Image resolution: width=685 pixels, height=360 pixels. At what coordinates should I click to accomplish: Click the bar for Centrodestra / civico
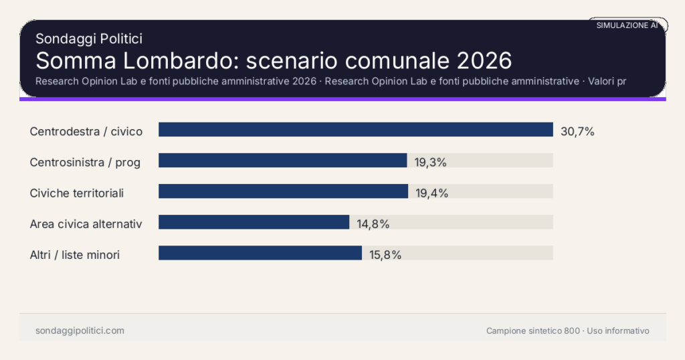[355, 130]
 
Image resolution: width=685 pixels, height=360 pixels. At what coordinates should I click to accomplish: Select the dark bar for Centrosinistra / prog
[282, 161]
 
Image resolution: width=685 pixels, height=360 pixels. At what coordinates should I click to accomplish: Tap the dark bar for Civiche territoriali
[283, 191]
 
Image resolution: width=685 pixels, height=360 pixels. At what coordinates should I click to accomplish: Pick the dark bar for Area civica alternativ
[254, 222]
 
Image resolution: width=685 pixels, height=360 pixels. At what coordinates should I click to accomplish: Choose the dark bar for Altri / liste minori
[260, 253]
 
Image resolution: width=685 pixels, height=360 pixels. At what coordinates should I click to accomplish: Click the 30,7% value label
[577, 132]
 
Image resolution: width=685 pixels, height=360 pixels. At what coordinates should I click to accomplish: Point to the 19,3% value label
[431, 163]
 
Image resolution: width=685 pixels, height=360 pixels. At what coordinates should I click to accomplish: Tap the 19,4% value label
[431, 193]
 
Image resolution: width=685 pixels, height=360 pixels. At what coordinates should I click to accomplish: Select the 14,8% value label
[373, 224]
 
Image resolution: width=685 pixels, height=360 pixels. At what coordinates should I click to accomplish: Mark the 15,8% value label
[385, 255]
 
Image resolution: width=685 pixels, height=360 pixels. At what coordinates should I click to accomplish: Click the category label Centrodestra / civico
[86, 132]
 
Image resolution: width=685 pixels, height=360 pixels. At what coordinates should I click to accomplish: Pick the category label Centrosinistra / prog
[85, 163]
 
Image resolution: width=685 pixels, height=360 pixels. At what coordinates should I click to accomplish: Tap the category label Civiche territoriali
[77, 193]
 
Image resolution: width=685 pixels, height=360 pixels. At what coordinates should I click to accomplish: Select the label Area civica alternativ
[86, 224]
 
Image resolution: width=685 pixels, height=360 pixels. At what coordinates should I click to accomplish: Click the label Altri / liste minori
[75, 255]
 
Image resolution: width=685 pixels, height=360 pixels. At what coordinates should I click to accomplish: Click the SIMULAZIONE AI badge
[627, 25]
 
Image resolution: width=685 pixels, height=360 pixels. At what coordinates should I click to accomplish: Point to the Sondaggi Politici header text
[89, 39]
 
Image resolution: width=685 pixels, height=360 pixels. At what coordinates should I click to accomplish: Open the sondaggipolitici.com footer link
[80, 331]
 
